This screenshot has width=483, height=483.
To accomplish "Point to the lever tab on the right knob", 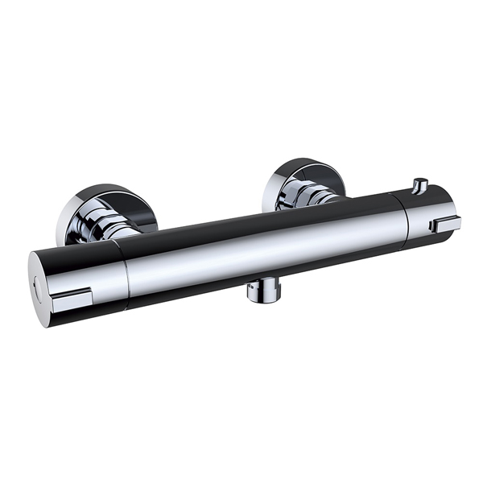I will coord(444,223).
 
